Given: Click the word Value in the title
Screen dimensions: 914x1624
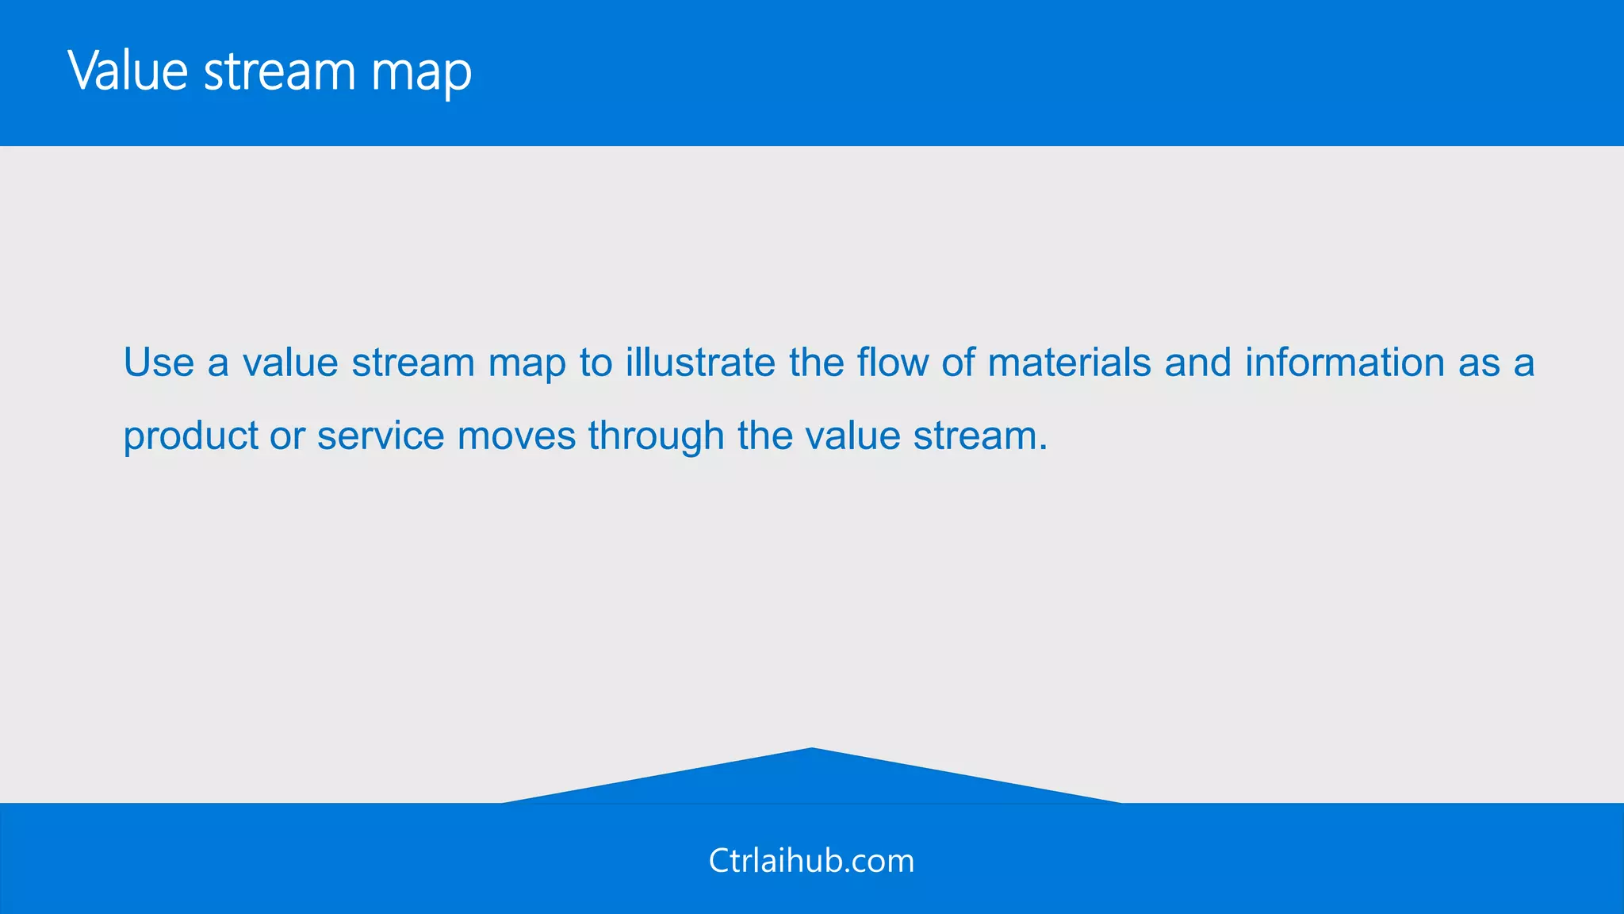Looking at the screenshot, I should click(127, 71).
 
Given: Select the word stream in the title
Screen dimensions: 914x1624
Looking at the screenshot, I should click(280, 71).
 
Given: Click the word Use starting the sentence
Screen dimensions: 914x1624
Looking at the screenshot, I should click(159, 363).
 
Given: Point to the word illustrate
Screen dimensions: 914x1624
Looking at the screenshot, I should click(700, 363).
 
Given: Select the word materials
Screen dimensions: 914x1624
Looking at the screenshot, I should click(1069, 363).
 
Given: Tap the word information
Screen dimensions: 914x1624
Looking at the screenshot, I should click(1345, 363).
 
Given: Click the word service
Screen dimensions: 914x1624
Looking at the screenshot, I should click(381, 436).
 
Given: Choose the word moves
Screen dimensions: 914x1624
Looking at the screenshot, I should click(516, 436).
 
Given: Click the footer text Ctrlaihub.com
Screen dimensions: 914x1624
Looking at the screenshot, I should click(811, 861).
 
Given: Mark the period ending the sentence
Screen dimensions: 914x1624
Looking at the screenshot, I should click(1044, 449).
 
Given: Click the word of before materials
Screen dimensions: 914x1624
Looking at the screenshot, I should click(958, 363).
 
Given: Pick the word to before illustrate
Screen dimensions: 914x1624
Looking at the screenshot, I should click(596, 363).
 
